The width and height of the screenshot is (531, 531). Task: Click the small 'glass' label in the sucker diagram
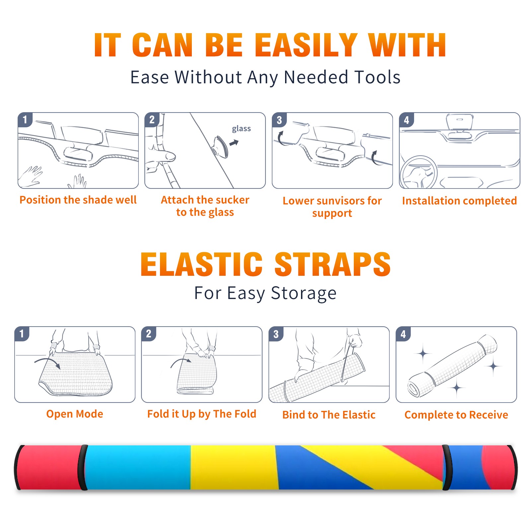tap(241, 129)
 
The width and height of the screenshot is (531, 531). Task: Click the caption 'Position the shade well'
tap(78, 200)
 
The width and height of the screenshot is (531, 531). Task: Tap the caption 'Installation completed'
tap(459, 201)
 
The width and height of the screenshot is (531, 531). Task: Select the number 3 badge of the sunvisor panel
tap(279, 120)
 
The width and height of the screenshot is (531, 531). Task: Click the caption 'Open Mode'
tap(75, 414)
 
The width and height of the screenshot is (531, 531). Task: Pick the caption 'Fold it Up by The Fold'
tap(202, 414)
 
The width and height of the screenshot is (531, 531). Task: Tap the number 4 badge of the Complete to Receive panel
tap(403, 334)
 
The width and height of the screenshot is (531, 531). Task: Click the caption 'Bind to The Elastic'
tap(329, 415)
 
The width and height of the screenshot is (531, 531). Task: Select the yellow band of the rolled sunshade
tap(234, 467)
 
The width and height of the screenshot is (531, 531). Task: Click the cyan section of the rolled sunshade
tap(138, 467)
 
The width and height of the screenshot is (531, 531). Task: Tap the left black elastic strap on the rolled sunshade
tap(82, 467)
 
